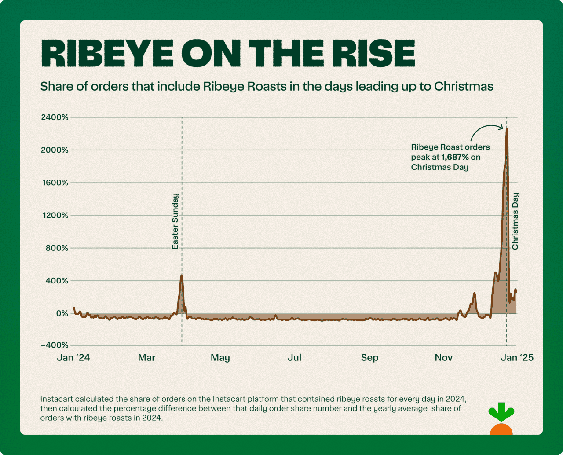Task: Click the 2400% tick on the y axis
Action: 55,117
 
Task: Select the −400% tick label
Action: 55,345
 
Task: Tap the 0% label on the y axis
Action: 62,313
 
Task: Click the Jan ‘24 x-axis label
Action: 73,357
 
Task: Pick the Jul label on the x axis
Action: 294,357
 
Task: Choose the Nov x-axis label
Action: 443,357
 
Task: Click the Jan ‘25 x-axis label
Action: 517,357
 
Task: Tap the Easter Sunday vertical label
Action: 175,221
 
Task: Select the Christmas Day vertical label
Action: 515,221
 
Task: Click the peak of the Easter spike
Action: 181,275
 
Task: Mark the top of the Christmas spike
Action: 507,129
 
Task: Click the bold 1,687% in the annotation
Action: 455,157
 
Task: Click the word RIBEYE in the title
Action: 107,54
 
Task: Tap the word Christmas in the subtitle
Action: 464,86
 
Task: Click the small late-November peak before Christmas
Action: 474,294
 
